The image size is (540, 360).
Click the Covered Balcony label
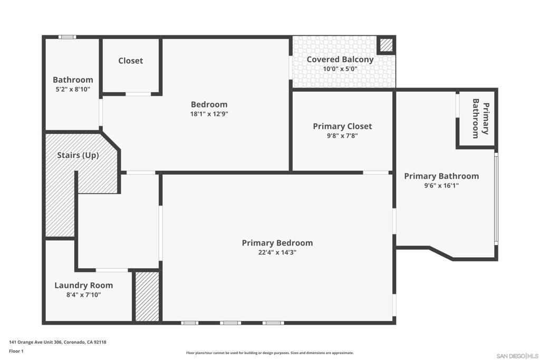340,60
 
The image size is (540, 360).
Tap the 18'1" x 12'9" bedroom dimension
209,114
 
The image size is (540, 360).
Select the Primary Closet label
342,127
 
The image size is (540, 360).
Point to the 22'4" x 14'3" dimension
277,252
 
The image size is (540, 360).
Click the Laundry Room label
84,285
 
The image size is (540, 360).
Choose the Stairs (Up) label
78,155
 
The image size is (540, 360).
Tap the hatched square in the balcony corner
386,45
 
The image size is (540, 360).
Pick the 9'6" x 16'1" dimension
441,186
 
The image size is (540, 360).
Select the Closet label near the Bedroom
131,61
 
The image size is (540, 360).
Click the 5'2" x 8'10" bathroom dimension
73,90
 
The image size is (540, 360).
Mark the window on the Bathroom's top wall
67,37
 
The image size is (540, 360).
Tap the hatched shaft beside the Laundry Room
147,296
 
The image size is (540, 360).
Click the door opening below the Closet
138,94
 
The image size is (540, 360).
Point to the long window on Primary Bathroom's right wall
496,199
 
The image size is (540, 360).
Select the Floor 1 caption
16,352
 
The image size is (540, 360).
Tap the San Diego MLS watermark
517,356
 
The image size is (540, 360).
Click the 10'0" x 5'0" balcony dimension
340,69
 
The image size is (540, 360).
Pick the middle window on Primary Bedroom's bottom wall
230,323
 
